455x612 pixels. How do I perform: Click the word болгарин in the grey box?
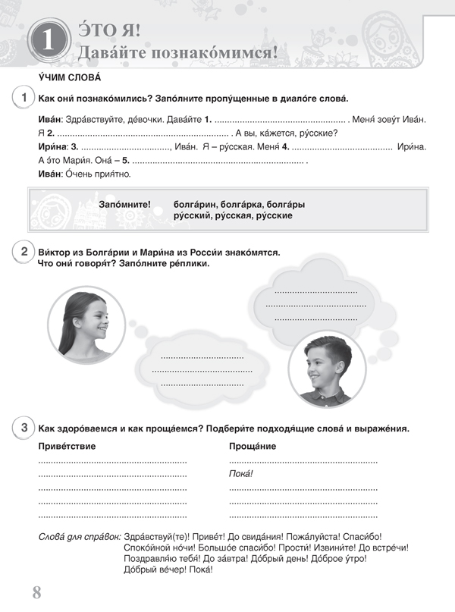195,204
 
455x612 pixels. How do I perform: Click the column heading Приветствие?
67,446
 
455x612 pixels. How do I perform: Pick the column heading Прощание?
253,446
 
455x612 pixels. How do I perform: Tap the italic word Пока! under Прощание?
240,474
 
